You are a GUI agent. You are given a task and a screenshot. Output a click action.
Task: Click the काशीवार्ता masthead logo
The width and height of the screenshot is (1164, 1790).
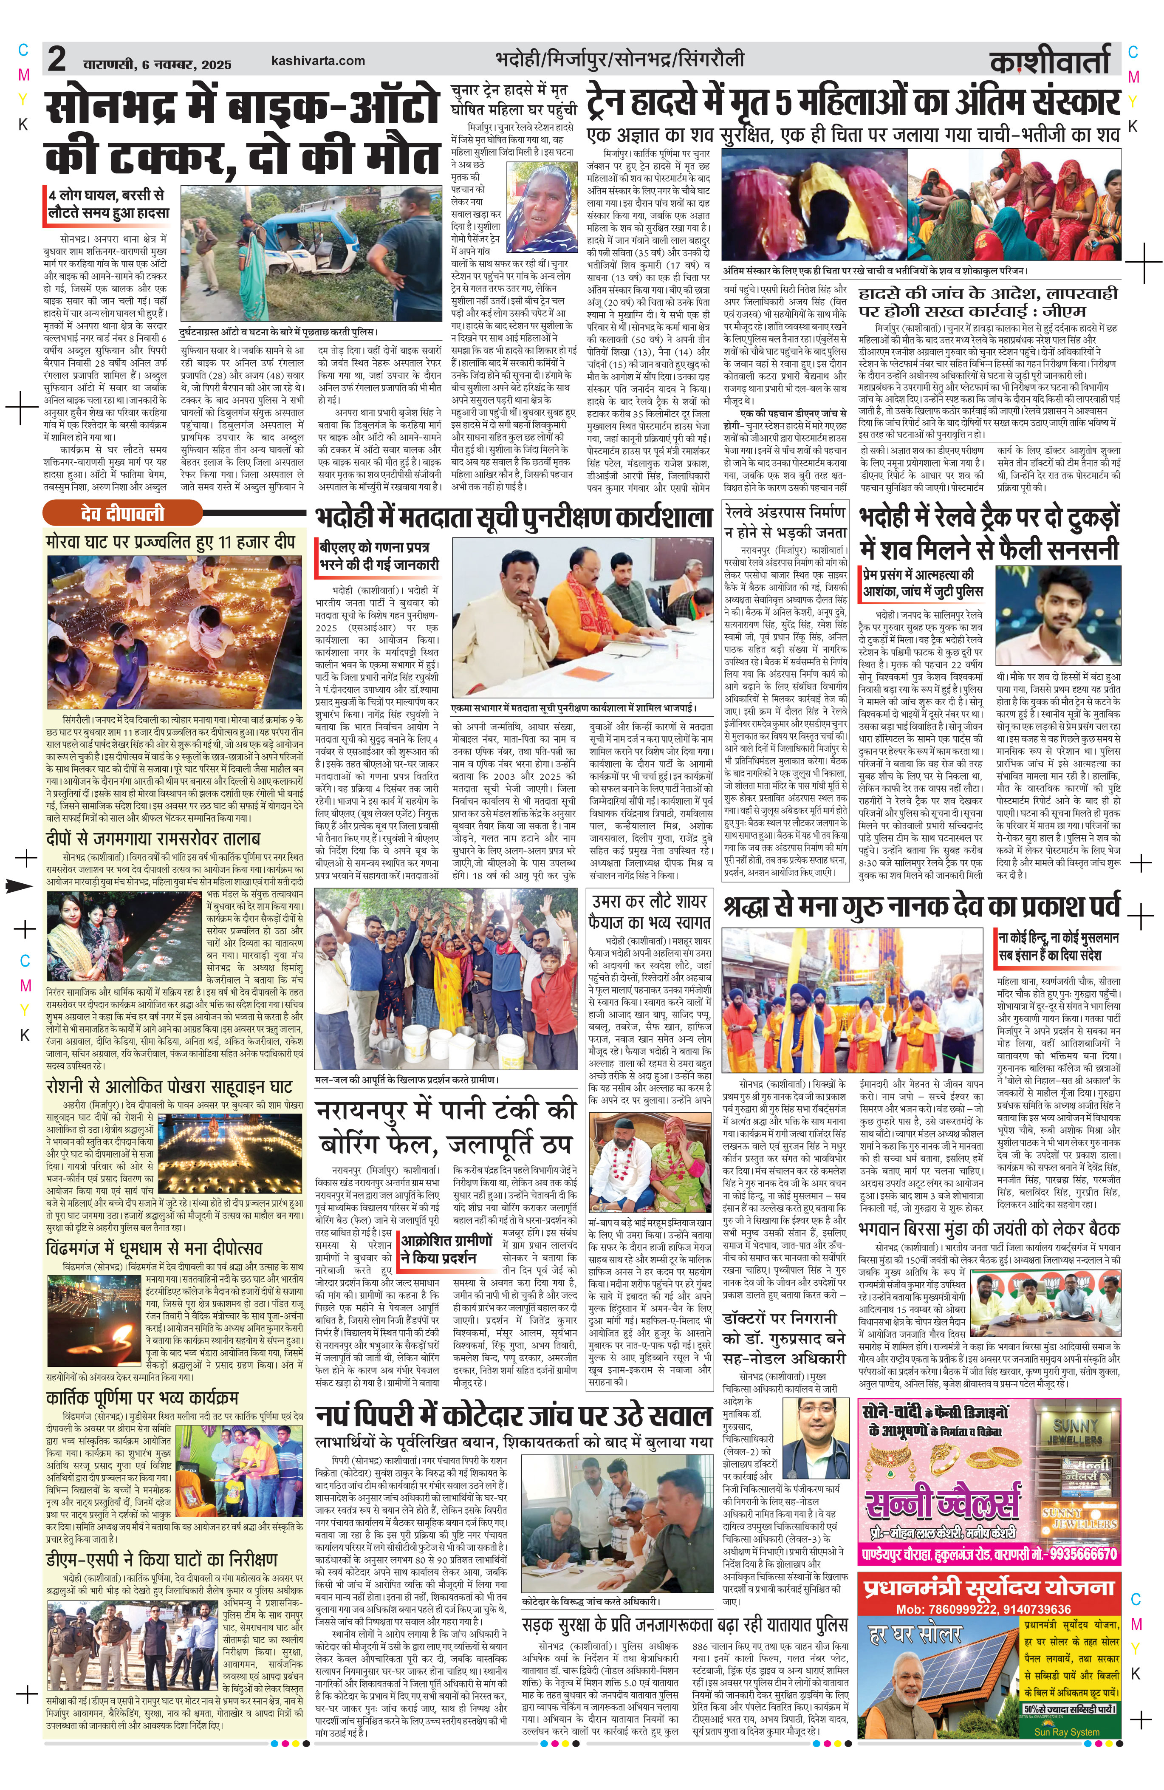pyautogui.click(x=1050, y=61)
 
